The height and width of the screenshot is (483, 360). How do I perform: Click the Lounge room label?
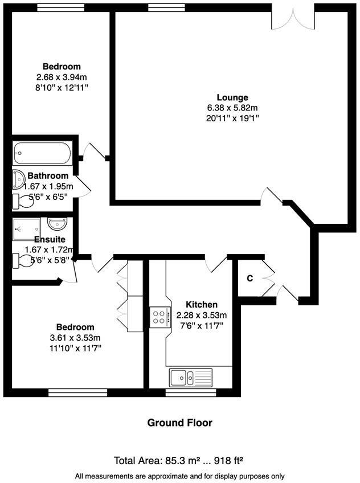point(232,97)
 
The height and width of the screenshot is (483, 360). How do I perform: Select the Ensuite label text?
point(49,239)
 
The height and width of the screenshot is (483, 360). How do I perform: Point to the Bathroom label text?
point(48,176)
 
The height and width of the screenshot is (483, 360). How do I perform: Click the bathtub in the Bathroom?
point(42,153)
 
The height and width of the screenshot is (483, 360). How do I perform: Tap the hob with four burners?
point(158,316)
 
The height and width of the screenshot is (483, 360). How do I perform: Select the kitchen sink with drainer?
point(190,376)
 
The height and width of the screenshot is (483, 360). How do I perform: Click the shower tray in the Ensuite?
point(26,227)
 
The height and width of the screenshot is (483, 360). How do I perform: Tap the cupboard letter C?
point(249,279)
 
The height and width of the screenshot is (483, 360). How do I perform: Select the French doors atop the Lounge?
point(293,16)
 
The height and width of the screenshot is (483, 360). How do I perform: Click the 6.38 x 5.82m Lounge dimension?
point(232,108)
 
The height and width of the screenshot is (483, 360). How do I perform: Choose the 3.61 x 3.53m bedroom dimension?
point(75,337)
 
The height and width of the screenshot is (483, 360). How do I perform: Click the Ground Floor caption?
point(179,423)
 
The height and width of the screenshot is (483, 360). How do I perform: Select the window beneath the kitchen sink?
point(190,392)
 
